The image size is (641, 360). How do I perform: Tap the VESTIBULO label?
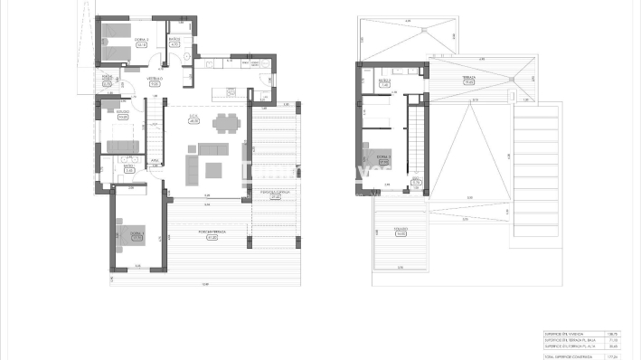(x=155, y=80)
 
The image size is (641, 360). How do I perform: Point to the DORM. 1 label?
(x=136, y=234)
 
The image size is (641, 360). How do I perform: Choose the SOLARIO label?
(x=401, y=228)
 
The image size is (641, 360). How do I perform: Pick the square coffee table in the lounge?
(x=213, y=169)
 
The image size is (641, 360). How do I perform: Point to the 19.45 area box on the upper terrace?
(x=469, y=81)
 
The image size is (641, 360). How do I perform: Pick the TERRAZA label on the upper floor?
(x=469, y=77)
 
